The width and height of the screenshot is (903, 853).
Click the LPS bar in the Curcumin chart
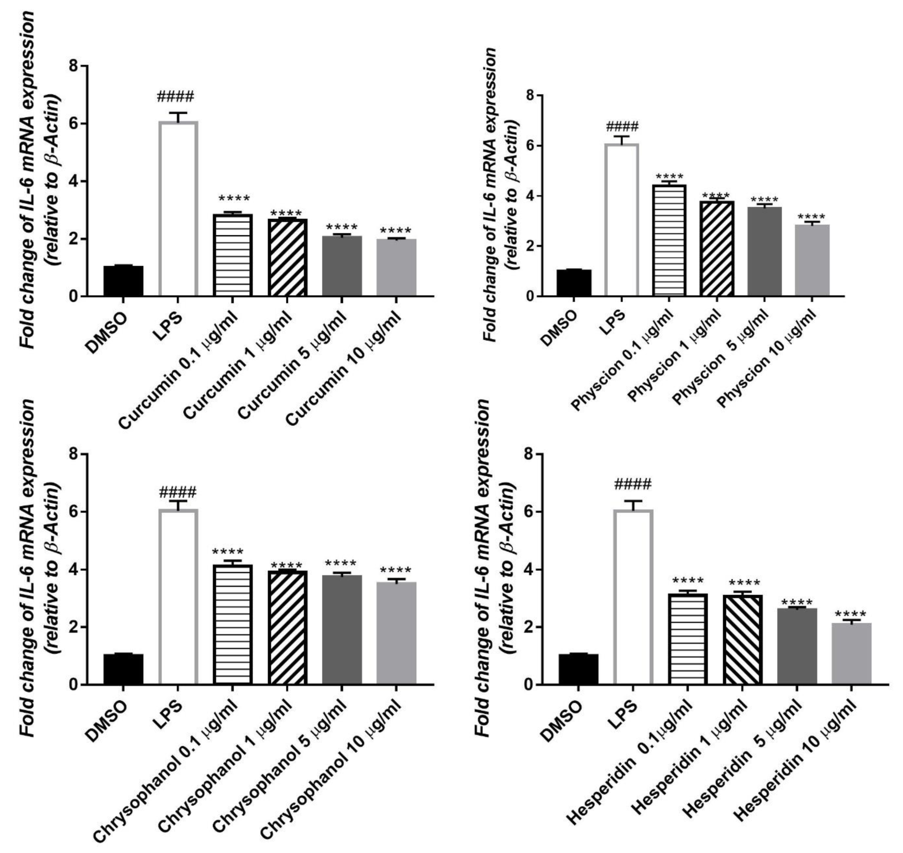(178, 209)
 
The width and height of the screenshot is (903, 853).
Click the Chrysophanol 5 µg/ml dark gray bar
(342, 630)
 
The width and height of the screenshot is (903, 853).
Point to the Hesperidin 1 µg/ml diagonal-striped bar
(742, 639)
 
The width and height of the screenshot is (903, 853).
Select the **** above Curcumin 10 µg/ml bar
(395, 231)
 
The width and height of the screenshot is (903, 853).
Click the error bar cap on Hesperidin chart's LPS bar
(633, 501)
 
